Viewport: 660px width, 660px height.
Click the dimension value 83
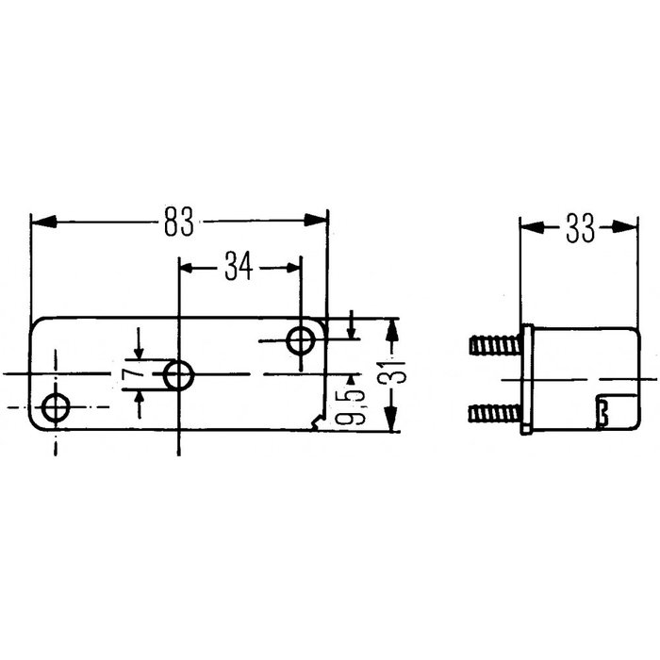pos(178,223)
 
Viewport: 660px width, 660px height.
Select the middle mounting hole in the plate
pos(178,375)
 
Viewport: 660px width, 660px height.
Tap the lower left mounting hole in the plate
pos(57,408)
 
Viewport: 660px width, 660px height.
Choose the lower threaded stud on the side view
pos(493,411)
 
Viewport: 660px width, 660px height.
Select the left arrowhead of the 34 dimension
pos(188,268)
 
